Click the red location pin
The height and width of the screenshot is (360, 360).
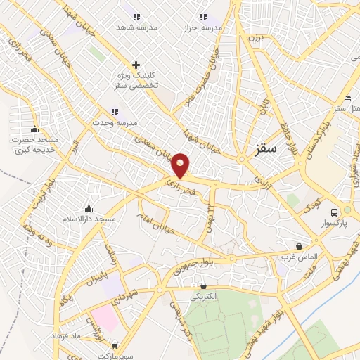tap(181, 165)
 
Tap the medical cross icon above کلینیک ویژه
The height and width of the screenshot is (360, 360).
tap(136, 65)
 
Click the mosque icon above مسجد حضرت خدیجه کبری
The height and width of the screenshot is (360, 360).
tap(34, 129)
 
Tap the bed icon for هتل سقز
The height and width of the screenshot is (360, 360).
tap(347, 98)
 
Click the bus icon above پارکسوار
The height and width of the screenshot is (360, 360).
tap(335, 212)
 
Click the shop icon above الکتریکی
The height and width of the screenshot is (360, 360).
tap(204, 285)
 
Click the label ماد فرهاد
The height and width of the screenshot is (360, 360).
tap(67, 335)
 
